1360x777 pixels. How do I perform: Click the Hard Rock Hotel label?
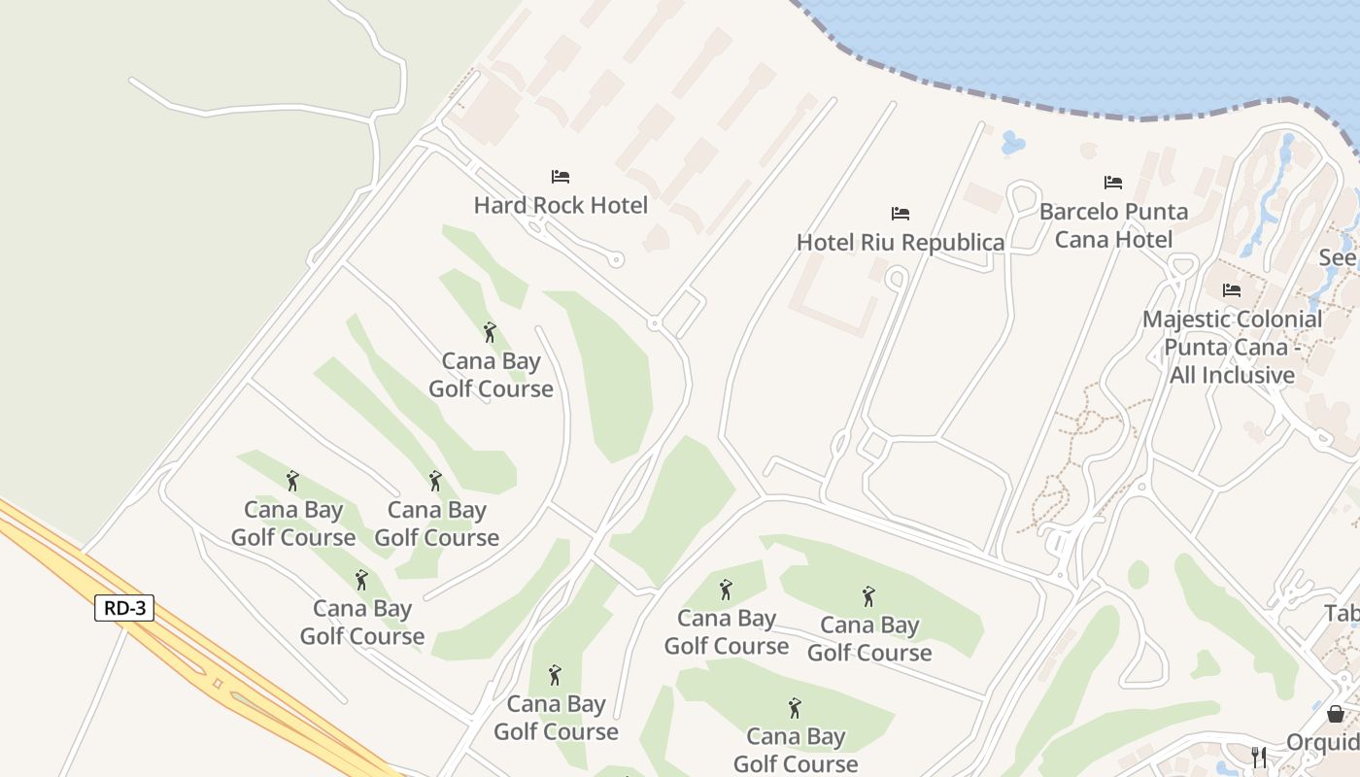pyautogui.click(x=561, y=205)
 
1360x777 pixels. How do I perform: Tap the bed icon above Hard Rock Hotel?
pyautogui.click(x=561, y=177)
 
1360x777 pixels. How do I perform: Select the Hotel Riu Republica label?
pyautogui.click(x=901, y=242)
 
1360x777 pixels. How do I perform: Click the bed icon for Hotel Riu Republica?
pyautogui.click(x=901, y=214)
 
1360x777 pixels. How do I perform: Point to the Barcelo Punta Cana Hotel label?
pyautogui.click(x=1113, y=225)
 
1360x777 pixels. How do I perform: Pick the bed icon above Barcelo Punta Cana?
pyautogui.click(x=1113, y=183)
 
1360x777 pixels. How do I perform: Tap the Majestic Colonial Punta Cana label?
pyautogui.click(x=1232, y=347)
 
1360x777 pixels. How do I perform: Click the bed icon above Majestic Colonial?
pyautogui.click(x=1232, y=290)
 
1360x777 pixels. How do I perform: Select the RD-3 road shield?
pyautogui.click(x=124, y=608)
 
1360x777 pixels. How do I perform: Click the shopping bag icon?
pyautogui.click(x=1336, y=714)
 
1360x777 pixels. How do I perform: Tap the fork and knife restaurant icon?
pyautogui.click(x=1259, y=756)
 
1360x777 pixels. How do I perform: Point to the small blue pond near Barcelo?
pyautogui.click(x=1012, y=143)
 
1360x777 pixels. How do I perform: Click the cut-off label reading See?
pyautogui.click(x=1338, y=258)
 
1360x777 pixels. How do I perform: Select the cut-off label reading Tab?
pyautogui.click(x=1342, y=614)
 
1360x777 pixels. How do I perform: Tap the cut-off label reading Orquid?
pyautogui.click(x=1322, y=743)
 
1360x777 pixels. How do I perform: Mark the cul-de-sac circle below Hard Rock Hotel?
pyautogui.click(x=616, y=259)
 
